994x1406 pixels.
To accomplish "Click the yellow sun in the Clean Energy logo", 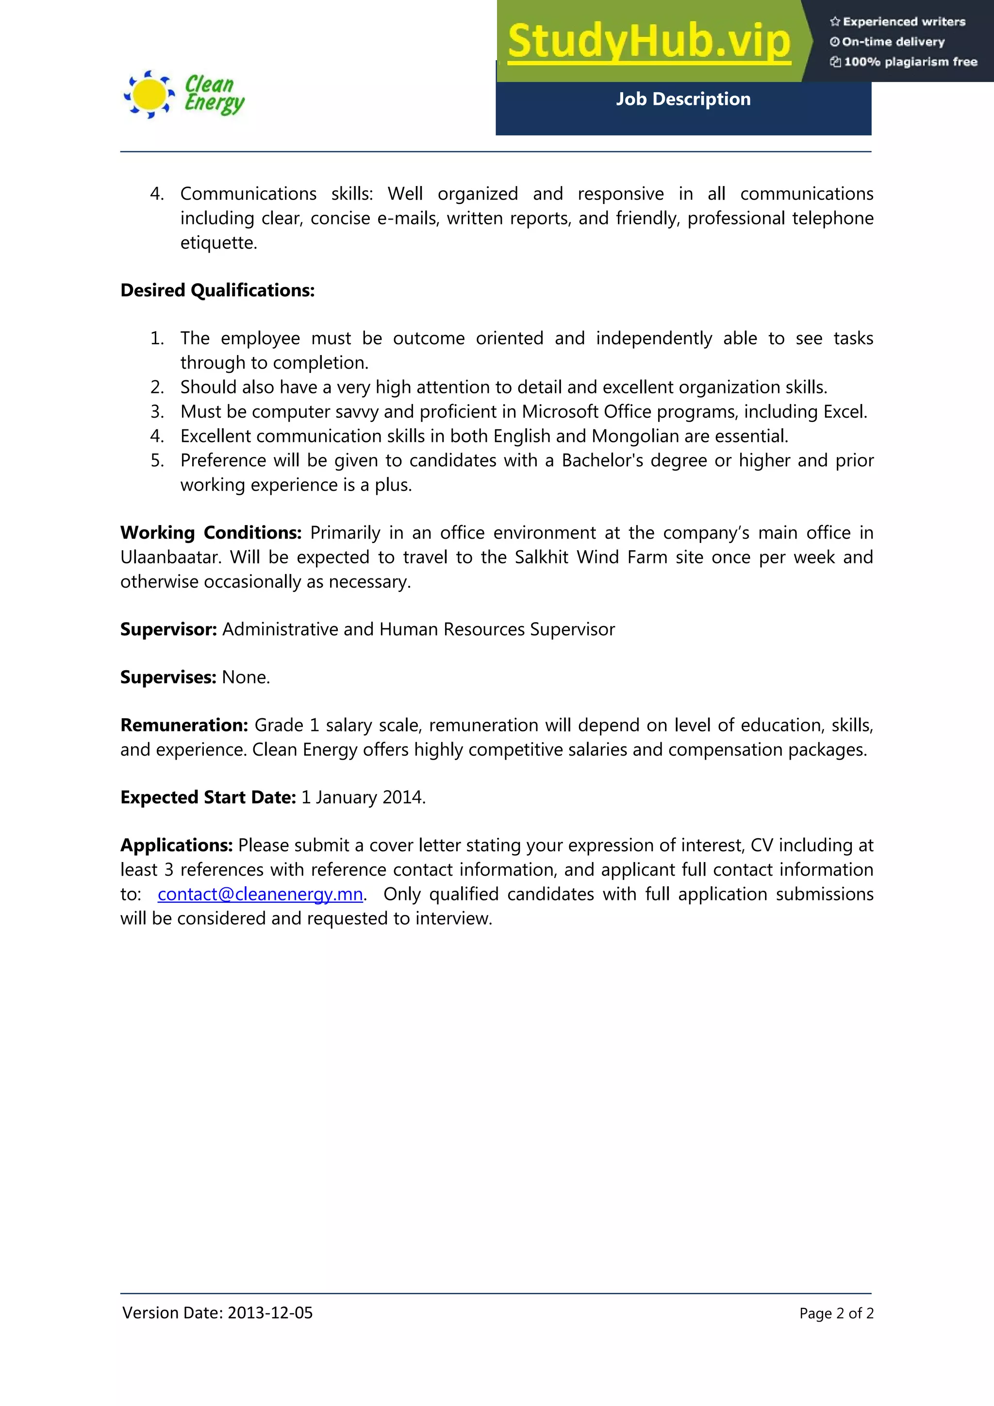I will point(148,94).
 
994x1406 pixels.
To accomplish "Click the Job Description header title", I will point(682,99).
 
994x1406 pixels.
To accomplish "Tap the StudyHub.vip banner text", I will point(649,41).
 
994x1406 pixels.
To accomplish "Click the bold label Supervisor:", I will point(168,629).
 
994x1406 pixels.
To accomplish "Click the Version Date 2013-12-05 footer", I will point(217,1312).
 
